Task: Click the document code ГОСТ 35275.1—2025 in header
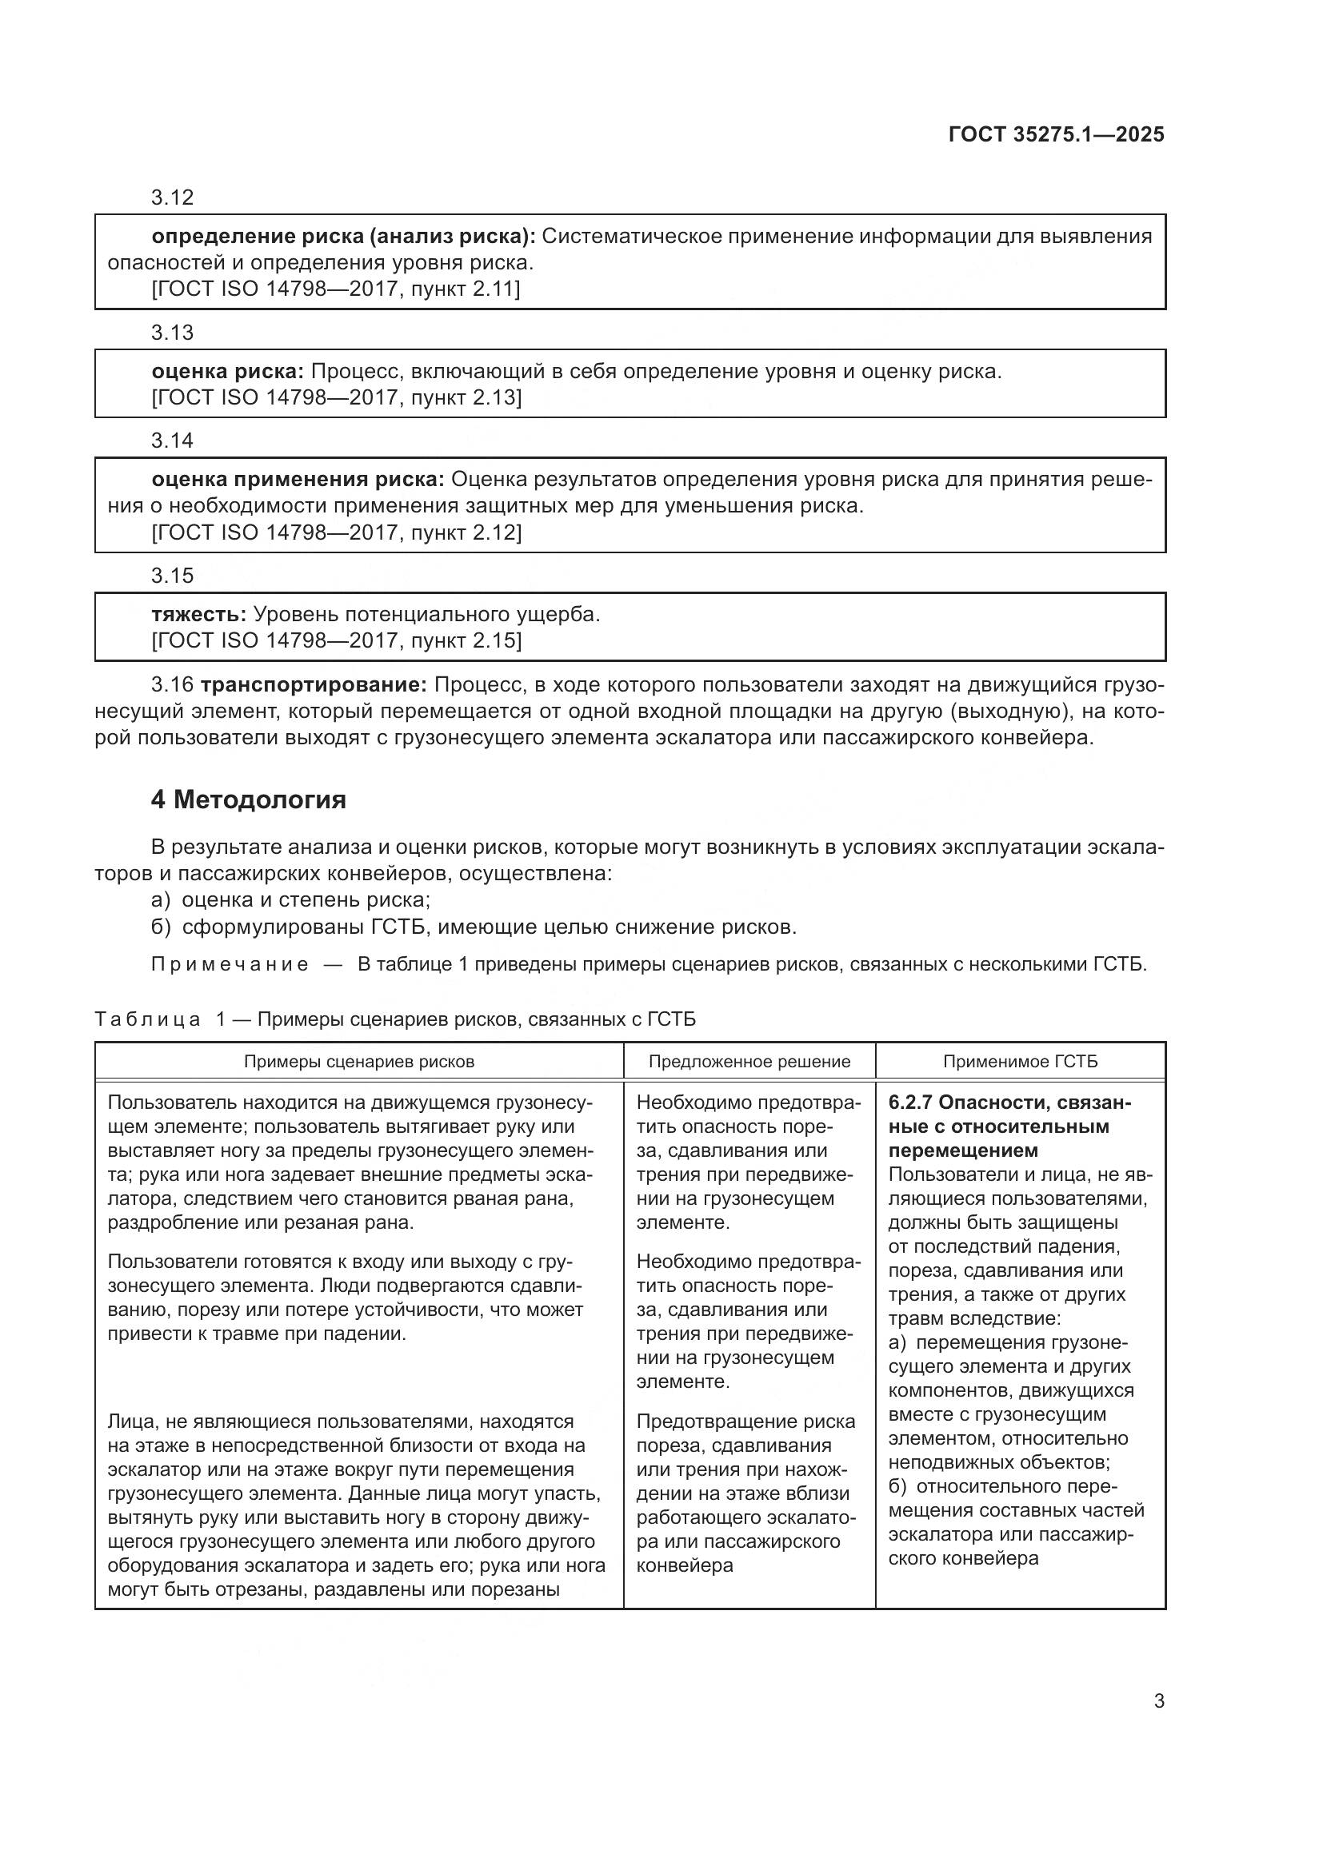point(1056,134)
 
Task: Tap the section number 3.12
point(172,197)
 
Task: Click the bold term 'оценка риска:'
point(227,372)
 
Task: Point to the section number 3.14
point(172,441)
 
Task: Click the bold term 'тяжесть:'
point(199,614)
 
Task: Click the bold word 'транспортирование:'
point(314,684)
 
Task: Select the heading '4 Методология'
point(249,799)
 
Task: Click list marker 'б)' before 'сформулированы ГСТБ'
point(161,927)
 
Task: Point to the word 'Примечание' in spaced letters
point(230,965)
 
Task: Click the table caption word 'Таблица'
point(147,1019)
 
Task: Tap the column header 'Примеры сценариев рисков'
point(358,1061)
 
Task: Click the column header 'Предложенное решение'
point(749,1061)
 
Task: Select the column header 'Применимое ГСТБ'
point(1020,1061)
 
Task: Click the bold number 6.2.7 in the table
point(911,1102)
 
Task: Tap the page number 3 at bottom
point(1158,1701)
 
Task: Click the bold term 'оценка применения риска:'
point(298,479)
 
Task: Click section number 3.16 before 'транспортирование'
point(172,684)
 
